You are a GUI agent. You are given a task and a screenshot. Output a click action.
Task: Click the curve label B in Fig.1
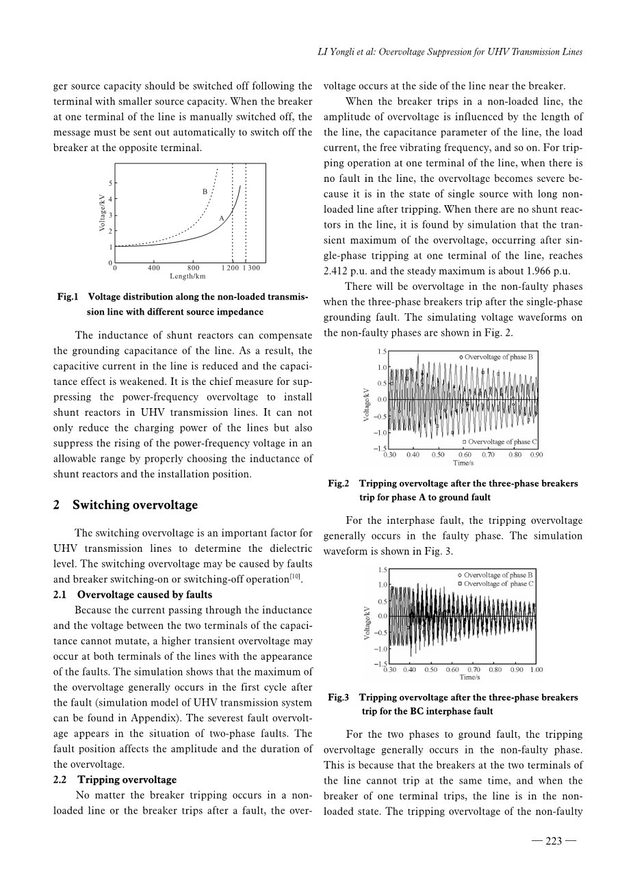tap(205, 192)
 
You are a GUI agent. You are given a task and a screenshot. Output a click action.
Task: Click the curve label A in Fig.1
tap(222, 217)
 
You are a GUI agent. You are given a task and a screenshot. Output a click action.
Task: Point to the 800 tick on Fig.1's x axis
tap(193, 269)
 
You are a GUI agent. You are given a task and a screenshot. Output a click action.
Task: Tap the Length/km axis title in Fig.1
tap(188, 276)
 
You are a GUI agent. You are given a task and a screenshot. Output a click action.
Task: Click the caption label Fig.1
tap(68, 297)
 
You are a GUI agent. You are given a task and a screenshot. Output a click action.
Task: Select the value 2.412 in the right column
tap(336, 271)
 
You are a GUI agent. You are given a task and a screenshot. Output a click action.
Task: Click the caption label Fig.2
tap(339, 483)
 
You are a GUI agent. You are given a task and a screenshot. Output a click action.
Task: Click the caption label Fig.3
tap(339, 697)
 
